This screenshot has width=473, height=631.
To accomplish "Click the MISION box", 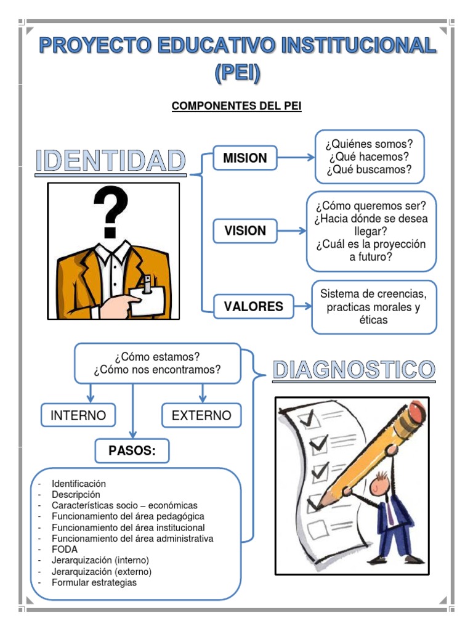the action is coord(245,158).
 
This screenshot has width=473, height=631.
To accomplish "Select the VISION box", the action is coord(245,230).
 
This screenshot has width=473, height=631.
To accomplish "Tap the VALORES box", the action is coord(253,306).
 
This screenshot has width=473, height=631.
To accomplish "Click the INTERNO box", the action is coord(78,415).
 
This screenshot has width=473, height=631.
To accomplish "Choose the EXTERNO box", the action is coord(201,415).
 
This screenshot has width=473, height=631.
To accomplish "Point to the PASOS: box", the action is coord(132,450).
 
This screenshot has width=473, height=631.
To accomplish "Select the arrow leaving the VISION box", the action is coord(291,230).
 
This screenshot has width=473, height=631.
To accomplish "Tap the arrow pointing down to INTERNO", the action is coord(91,393).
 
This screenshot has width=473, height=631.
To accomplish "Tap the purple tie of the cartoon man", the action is coord(390,513).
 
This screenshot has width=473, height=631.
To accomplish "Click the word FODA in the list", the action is coord(64,549).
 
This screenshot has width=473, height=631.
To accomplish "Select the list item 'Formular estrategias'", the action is coord(94,582).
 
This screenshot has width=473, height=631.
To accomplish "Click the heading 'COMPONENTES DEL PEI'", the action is coord(236,105).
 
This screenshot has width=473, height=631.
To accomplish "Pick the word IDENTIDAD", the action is coord(111,161).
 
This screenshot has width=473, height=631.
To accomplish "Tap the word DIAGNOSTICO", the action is coord(354,370).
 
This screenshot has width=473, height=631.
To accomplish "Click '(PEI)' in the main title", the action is coord(238,73).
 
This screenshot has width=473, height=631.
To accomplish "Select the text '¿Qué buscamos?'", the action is coord(370,169).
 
